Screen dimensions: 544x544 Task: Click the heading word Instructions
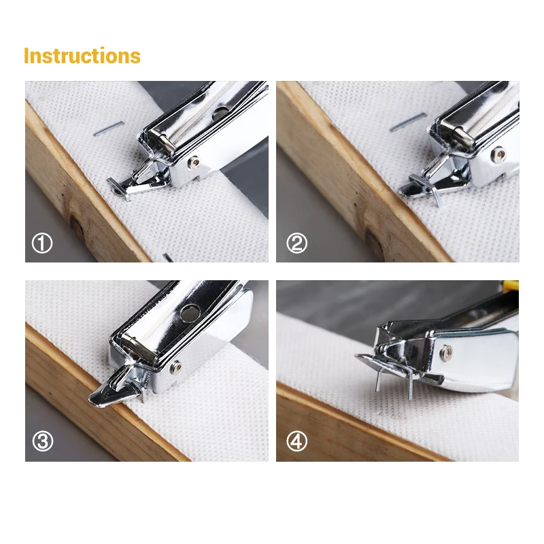(x=82, y=56)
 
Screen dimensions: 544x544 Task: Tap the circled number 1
(x=42, y=243)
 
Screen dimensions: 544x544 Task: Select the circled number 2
(x=296, y=243)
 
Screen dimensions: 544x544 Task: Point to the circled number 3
(x=43, y=441)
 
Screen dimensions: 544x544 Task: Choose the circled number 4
(x=296, y=441)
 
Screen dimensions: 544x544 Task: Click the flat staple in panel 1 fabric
(x=108, y=128)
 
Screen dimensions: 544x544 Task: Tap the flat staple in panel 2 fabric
(x=407, y=122)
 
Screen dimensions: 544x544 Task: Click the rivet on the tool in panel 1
(x=194, y=162)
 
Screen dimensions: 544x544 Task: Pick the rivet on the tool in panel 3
(x=175, y=367)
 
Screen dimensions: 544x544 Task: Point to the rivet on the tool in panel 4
(x=445, y=353)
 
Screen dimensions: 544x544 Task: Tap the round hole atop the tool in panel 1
(x=220, y=113)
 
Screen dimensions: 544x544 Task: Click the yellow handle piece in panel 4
(x=511, y=286)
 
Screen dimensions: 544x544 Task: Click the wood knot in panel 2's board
(x=375, y=244)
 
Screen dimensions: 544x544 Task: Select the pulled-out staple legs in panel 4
(x=394, y=381)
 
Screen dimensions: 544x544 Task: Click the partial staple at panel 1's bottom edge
(x=168, y=258)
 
